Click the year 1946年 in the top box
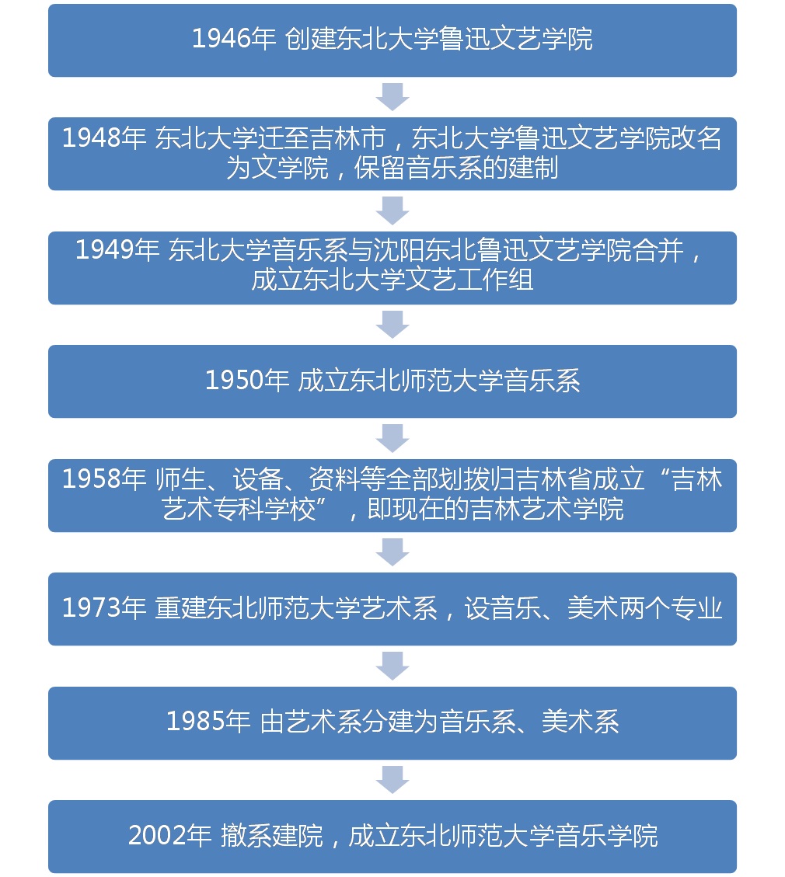click(234, 39)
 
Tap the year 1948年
click(104, 137)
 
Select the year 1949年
click(117, 249)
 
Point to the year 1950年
click(247, 381)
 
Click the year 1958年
click(104, 479)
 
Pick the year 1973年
click(104, 608)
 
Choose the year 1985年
click(209, 722)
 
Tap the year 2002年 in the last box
click(170, 836)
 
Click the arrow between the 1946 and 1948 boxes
click(392, 97)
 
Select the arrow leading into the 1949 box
click(392, 211)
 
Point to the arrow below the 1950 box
click(392, 438)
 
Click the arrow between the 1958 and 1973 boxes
click(392, 552)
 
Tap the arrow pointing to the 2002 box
click(392, 780)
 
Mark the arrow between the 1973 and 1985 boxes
click(392, 666)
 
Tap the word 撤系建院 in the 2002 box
click(272, 836)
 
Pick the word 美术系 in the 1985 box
click(581, 722)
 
